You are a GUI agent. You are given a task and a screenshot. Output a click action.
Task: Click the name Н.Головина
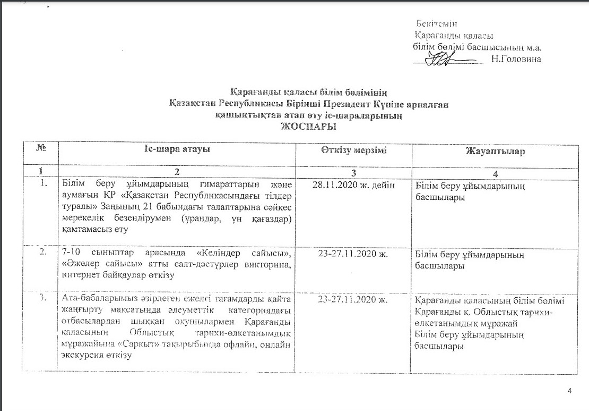point(516,59)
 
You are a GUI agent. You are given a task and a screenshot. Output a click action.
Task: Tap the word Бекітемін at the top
point(437,24)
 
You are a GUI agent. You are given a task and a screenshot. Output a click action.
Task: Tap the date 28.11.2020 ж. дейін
point(353,184)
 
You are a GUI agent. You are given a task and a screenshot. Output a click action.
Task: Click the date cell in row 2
point(353,254)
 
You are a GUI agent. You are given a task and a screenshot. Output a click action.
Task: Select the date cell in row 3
point(353,300)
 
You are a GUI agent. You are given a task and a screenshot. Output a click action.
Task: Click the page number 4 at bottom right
point(570,392)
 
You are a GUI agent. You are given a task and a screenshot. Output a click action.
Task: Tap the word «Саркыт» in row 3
point(118,344)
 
